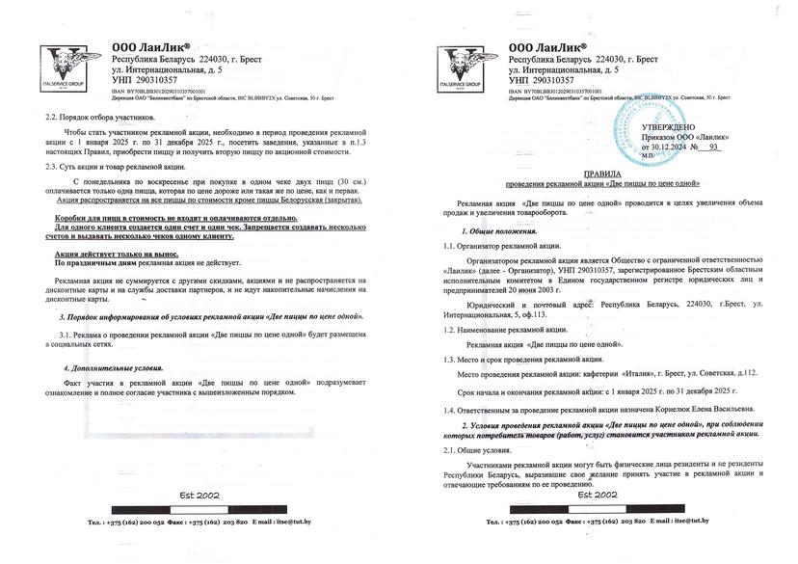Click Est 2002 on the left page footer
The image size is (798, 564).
click(199, 496)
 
